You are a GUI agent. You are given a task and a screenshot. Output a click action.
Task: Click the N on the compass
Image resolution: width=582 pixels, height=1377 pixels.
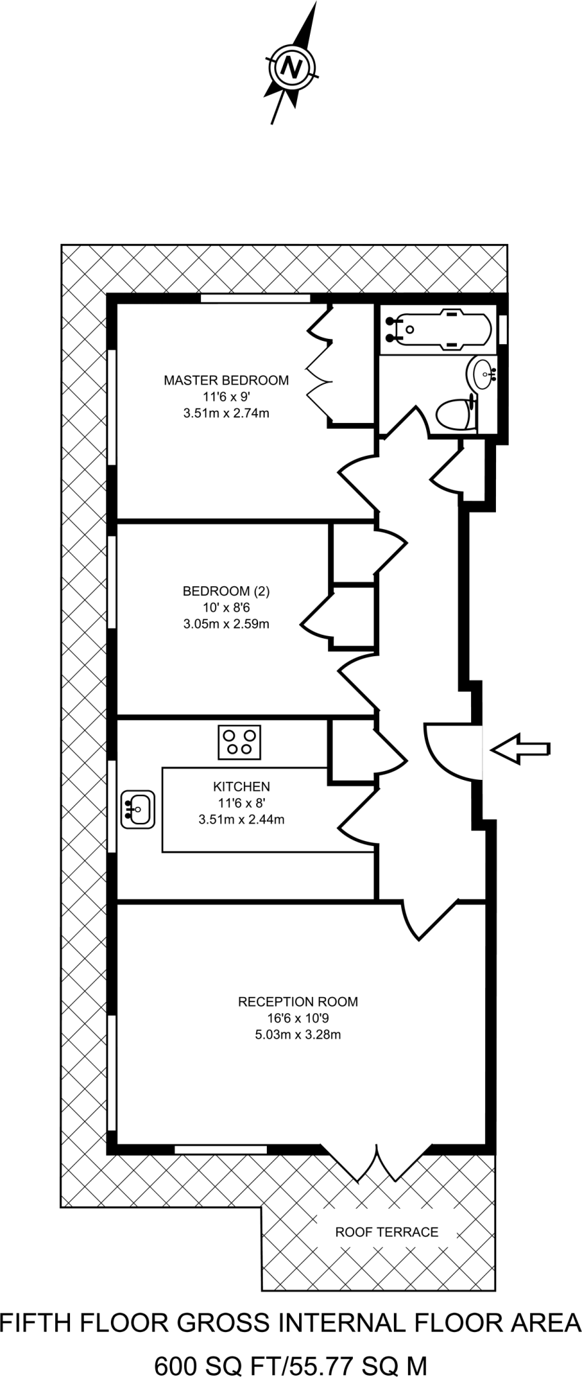[x=290, y=67]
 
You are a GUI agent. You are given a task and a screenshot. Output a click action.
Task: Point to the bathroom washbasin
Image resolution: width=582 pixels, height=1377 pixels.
[x=483, y=372]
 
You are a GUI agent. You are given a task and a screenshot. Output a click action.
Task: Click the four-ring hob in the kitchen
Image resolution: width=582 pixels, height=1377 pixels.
[x=239, y=742]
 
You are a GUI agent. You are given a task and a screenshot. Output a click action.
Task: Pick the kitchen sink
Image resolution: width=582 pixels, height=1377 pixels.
[x=138, y=809]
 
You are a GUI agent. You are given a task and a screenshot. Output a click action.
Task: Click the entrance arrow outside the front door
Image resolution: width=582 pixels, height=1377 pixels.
[x=520, y=748]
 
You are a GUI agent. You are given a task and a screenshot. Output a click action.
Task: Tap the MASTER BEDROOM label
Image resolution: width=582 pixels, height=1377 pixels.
[x=226, y=380]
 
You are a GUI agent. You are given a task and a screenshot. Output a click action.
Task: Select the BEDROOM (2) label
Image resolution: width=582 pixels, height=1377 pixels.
[x=226, y=591]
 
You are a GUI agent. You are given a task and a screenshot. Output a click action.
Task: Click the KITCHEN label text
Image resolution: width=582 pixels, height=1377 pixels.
[x=241, y=786]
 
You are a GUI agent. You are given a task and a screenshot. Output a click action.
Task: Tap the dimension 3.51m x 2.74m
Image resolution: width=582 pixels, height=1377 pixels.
[x=226, y=413]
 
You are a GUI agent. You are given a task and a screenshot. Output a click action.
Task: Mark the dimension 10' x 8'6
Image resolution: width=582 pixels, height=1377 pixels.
[x=226, y=607]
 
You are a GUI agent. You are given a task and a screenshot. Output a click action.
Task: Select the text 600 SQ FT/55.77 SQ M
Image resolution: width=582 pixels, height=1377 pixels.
[x=291, y=1347]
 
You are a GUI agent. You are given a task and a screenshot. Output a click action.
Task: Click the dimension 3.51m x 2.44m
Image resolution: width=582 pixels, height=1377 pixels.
[x=241, y=819]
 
